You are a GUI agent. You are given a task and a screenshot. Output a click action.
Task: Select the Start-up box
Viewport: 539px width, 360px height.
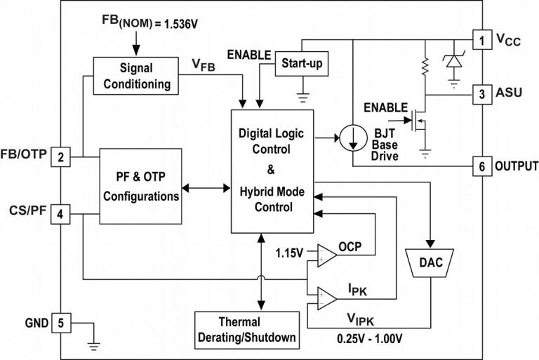click(x=302, y=64)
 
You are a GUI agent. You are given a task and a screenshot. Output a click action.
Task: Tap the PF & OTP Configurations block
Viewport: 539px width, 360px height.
click(x=141, y=186)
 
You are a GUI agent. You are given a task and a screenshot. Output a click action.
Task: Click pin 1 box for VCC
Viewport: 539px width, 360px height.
click(x=481, y=40)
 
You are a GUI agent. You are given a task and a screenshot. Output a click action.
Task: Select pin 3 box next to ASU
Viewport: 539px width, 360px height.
click(x=481, y=93)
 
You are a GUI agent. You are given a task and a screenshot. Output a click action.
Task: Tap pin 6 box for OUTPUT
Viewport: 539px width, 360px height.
click(x=481, y=166)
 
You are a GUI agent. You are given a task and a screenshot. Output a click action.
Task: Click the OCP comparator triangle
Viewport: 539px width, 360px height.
click(x=326, y=255)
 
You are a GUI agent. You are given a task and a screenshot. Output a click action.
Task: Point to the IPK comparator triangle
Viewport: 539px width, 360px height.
click(x=326, y=298)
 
